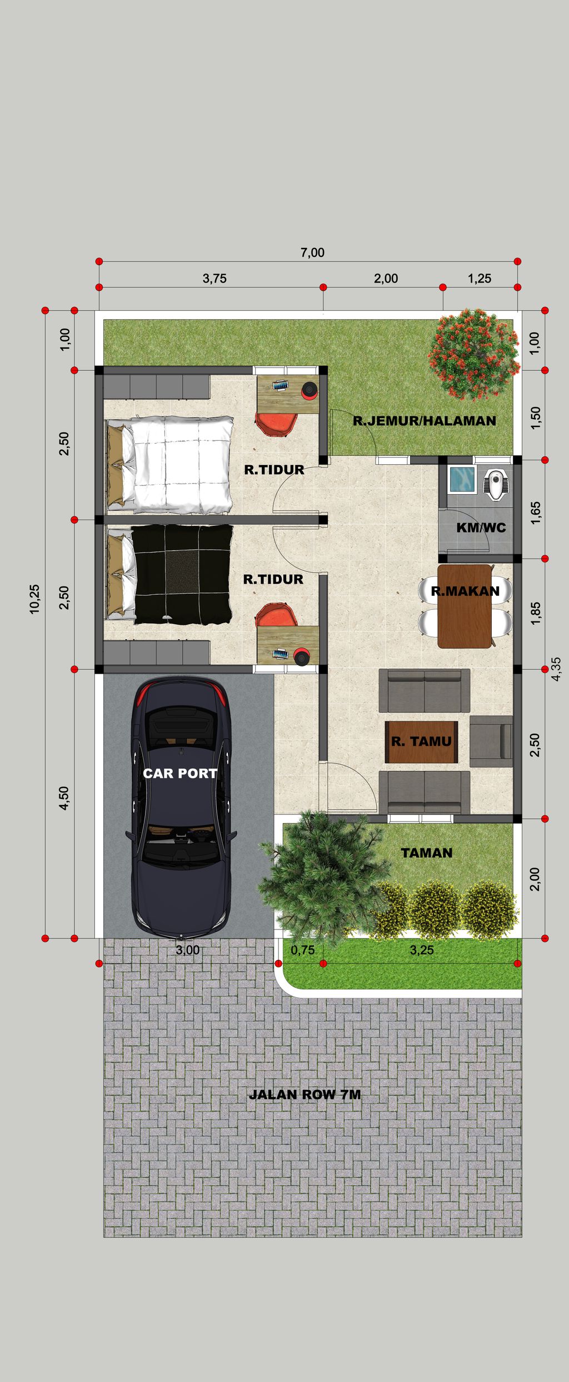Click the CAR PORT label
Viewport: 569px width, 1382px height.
pos(179,773)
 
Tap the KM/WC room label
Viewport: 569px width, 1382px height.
pos(481,528)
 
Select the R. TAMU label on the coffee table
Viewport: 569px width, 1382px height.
pos(421,741)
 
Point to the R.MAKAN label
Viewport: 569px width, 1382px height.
pos(465,591)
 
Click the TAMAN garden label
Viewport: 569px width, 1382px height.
pos(426,853)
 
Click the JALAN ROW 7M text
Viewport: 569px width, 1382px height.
pos(305,1095)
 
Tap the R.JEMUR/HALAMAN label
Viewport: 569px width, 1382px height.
pos(425,421)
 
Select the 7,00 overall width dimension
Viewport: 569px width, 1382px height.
pos(312,252)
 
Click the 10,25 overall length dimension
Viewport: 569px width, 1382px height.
pos(35,599)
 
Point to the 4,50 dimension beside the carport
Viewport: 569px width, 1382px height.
pos(64,798)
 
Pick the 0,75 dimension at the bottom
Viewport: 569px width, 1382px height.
pos(302,950)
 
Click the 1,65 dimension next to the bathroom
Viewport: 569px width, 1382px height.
pos(535,513)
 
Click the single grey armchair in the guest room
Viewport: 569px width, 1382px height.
pos(491,741)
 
